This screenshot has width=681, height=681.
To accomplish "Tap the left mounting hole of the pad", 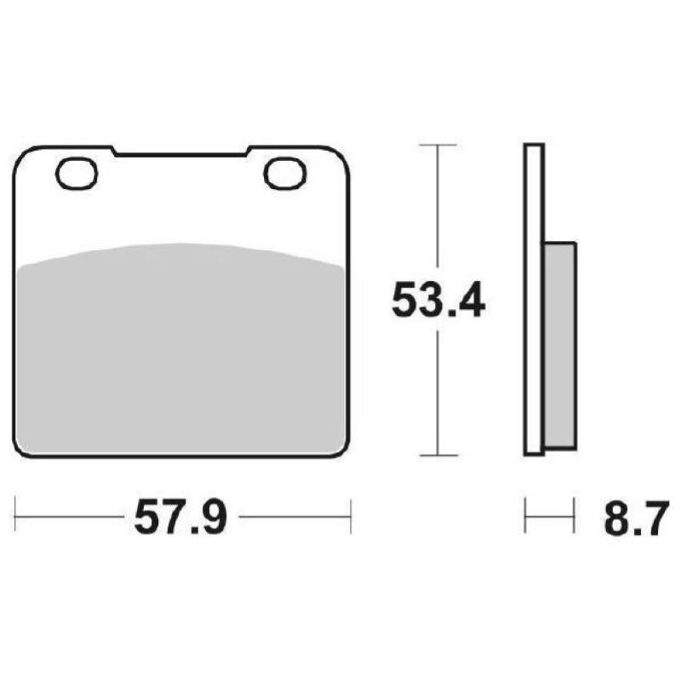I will click(x=77, y=174).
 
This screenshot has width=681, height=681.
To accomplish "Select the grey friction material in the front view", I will click(x=181, y=349).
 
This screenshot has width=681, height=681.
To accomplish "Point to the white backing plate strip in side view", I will click(x=533, y=298).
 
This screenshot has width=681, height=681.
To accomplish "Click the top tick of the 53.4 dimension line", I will click(x=438, y=146).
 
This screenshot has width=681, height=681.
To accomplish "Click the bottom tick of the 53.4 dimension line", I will click(x=438, y=455).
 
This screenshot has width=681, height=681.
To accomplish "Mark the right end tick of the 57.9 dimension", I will click(x=350, y=516).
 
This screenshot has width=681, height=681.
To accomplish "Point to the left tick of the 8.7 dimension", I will click(x=525, y=516).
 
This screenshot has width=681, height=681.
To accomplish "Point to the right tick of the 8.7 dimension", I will click(x=570, y=516).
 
